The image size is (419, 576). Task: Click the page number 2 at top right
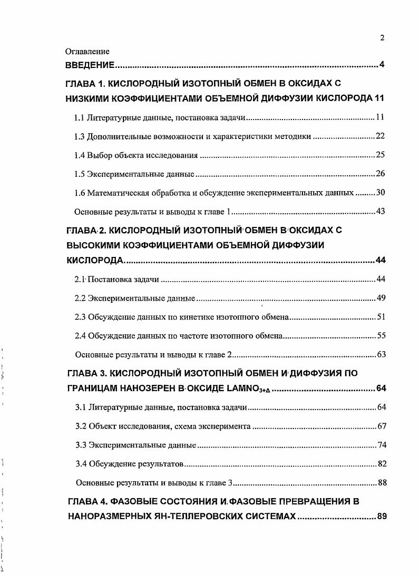pos(382,37)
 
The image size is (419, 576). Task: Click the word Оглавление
pos(87,52)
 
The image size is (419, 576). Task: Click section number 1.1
pos(80,117)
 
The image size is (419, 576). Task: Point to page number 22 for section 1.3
pos(381,136)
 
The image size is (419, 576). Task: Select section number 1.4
pos(80,155)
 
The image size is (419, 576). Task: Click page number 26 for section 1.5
pos(381,174)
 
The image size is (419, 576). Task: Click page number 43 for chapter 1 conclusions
pos(381,212)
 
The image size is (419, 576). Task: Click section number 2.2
pos(80,298)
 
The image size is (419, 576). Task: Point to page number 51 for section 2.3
pos(381,316)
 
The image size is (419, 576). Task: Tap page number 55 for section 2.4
pos(381,335)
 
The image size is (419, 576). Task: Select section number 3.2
pos(81,426)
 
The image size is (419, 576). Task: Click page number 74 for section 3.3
pos(382,445)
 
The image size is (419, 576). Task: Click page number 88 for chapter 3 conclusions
pos(382,482)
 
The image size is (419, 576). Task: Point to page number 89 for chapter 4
pos(382,517)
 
